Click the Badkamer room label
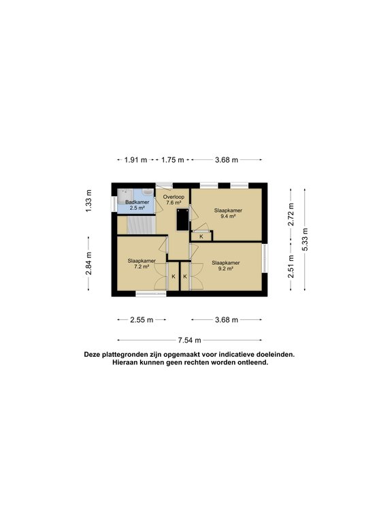[137, 205]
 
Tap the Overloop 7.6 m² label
[174, 200]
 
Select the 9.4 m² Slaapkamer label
[228, 213]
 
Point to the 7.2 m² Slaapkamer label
[142, 264]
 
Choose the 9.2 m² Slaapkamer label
[226, 266]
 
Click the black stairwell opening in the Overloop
[182, 219]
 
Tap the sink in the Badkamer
[147, 193]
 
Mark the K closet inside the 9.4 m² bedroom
[201, 236]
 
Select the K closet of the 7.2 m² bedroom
[174, 276]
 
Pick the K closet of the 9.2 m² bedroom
[184, 276]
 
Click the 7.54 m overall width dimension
[189, 340]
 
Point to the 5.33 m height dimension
[305, 240]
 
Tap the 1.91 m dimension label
[135, 160]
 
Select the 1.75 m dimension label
[173, 160]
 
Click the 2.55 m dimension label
[142, 320]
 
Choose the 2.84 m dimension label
[88, 264]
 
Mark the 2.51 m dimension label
[291, 266]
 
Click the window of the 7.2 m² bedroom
[150, 294]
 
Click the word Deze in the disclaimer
[92, 355]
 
